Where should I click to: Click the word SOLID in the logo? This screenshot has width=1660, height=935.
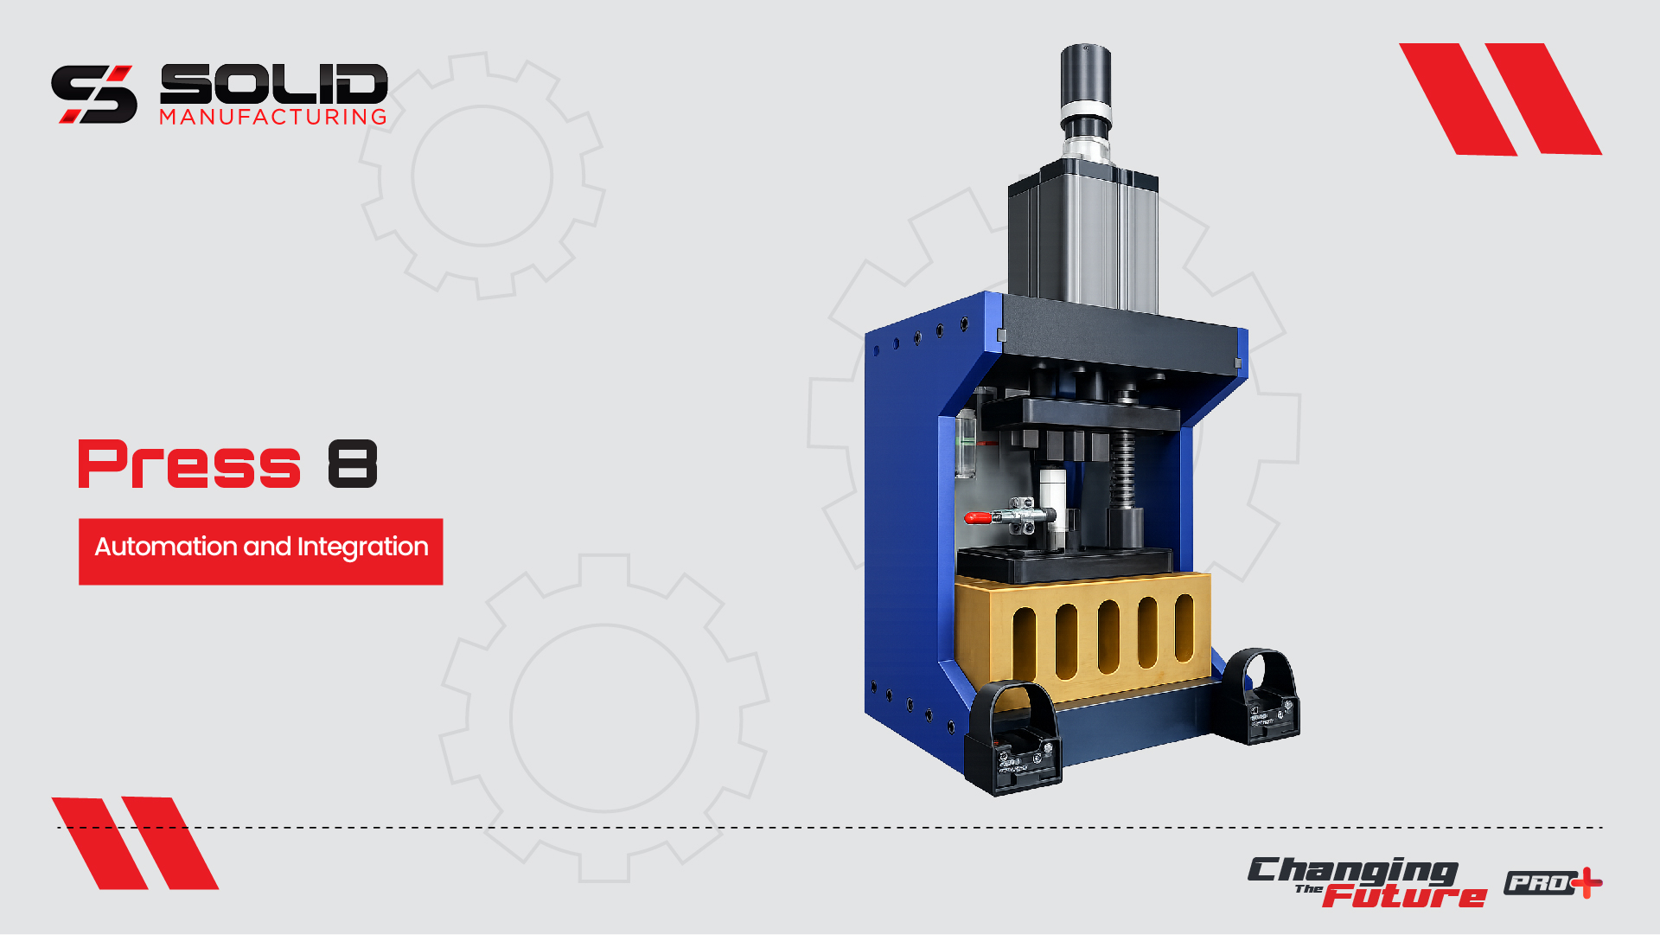(274, 84)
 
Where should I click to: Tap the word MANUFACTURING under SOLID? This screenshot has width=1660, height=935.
(273, 117)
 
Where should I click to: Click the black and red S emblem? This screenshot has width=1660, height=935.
(94, 94)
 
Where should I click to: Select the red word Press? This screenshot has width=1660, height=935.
(189, 464)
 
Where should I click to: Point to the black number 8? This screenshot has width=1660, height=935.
(353, 464)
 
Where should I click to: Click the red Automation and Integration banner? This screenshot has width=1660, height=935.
(261, 552)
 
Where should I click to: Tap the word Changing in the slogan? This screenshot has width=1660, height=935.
(1352, 872)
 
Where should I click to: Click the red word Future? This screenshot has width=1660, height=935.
(1405, 895)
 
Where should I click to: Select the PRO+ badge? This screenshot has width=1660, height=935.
(1553, 883)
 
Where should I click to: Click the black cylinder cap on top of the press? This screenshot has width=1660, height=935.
(1086, 74)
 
